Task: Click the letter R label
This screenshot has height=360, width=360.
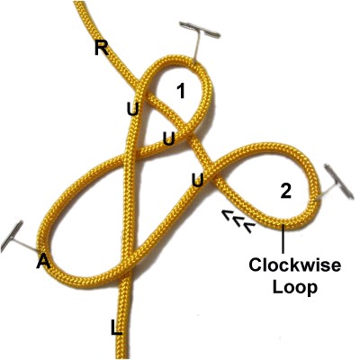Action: point(102,48)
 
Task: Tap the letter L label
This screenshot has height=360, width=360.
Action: point(117,328)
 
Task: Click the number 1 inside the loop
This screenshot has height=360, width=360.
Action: point(180,91)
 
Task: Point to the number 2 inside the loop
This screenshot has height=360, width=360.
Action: point(285,191)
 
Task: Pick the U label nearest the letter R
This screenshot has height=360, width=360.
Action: point(132,109)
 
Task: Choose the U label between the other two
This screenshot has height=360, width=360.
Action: point(169,139)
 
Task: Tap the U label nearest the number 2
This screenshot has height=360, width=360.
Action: point(198,180)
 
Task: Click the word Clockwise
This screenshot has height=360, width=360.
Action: point(294,265)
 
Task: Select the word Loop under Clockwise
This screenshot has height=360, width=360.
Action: point(294,287)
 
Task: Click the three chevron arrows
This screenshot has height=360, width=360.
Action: point(238,221)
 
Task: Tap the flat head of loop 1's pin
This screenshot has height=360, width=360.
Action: point(200,30)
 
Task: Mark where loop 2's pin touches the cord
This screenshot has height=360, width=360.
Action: point(315,200)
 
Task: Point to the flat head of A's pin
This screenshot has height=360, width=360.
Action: point(12,237)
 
